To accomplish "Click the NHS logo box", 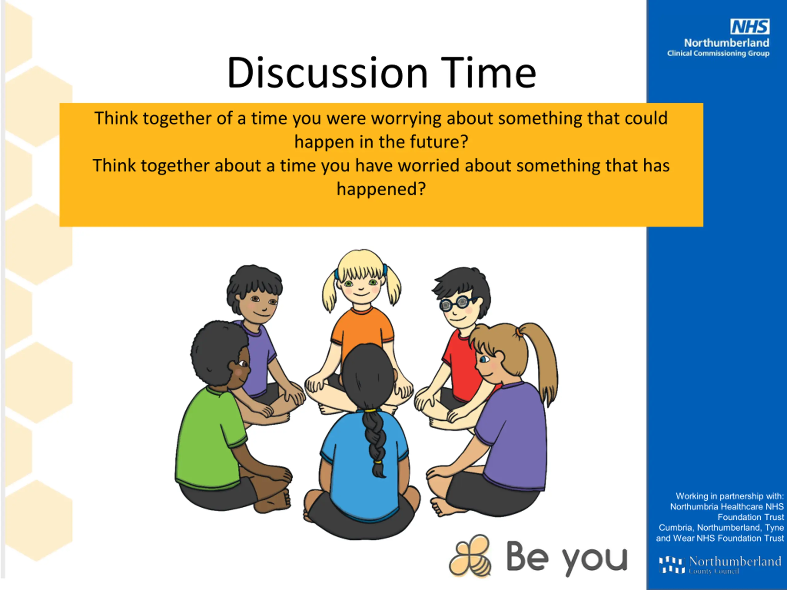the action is coord(749,27).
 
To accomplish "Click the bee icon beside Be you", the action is coord(470,555).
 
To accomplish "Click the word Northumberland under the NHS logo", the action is coord(726,43).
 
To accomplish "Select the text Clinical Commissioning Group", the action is coord(718,53).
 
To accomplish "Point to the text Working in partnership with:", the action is coord(730,496).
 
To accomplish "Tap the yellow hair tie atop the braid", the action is coord(370,410).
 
